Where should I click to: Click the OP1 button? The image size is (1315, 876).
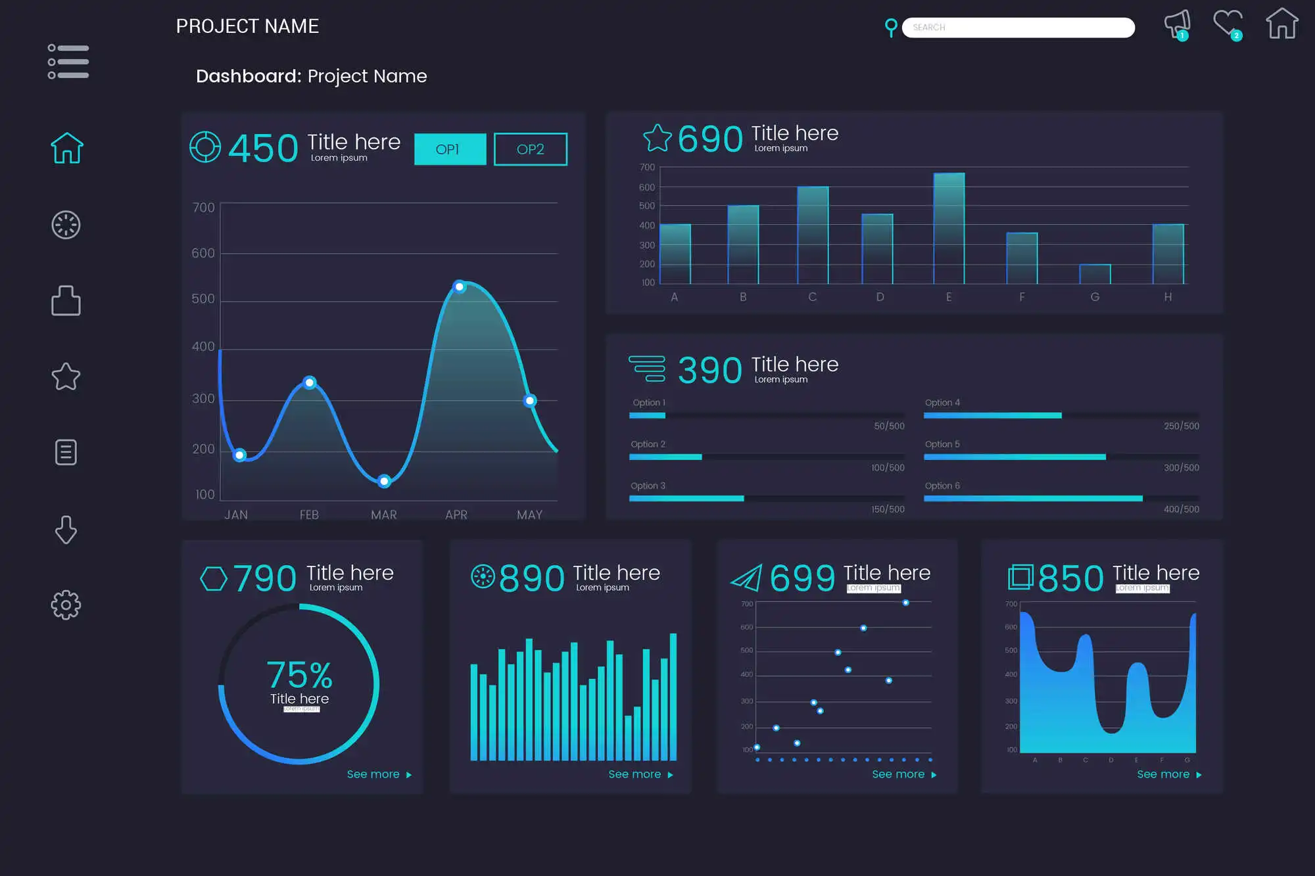pyautogui.click(x=450, y=149)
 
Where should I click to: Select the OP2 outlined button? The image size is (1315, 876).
pyautogui.click(x=530, y=149)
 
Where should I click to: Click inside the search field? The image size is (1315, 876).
pyautogui.click(x=1018, y=28)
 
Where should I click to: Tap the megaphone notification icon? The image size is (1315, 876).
pyautogui.click(x=1177, y=25)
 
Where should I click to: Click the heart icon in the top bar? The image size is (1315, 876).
pyautogui.click(x=1228, y=25)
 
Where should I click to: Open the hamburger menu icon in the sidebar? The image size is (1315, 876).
pyautogui.click(x=68, y=62)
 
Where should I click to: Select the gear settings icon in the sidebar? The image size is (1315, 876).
pyautogui.click(x=66, y=605)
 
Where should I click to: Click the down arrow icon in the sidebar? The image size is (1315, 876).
pyautogui.click(x=66, y=529)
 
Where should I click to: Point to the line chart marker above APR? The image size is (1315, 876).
pyautogui.click(x=460, y=287)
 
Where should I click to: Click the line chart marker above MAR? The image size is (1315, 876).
pyautogui.click(x=385, y=481)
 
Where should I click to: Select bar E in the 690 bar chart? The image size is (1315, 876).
pyautogui.click(x=949, y=229)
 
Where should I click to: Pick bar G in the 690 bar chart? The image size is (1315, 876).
pyautogui.click(x=1095, y=274)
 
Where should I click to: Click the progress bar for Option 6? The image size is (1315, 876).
pyautogui.click(x=1033, y=499)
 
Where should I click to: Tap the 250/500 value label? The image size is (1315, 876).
pyautogui.click(x=1181, y=426)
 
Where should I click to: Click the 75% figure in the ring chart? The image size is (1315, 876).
pyautogui.click(x=299, y=675)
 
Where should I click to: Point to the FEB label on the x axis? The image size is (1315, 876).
pyautogui.click(x=309, y=515)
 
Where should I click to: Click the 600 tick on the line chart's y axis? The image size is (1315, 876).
pyautogui.click(x=203, y=253)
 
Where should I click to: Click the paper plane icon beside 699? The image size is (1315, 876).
pyautogui.click(x=747, y=578)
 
